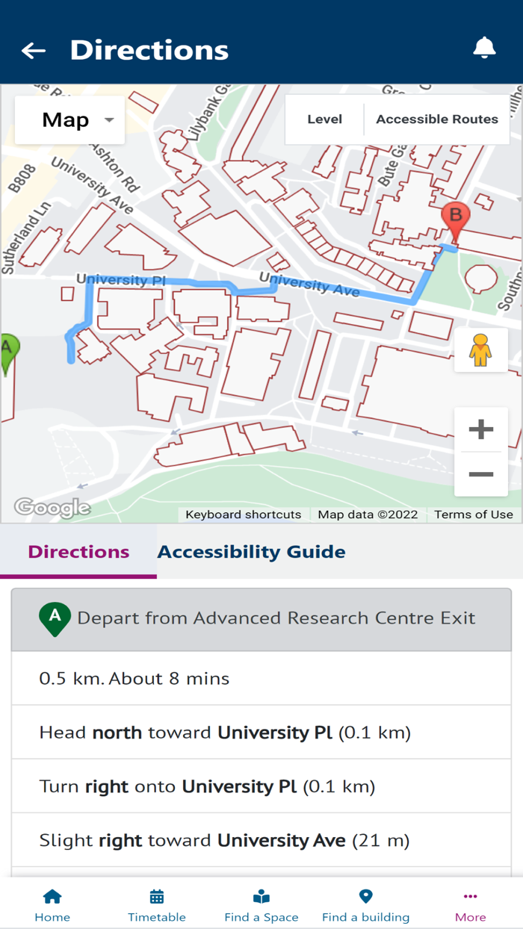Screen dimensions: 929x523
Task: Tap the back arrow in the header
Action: tap(34, 50)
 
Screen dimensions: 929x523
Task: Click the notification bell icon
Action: tap(484, 48)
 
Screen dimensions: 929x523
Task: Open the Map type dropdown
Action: tap(70, 119)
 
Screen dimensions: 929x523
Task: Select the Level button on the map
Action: tap(324, 119)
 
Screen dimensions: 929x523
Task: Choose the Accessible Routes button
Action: tap(437, 119)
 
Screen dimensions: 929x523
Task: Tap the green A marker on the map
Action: tap(7, 351)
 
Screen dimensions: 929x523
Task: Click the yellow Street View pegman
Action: tap(480, 349)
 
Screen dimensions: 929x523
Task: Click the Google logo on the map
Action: tap(52, 509)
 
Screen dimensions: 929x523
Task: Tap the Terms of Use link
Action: tap(474, 515)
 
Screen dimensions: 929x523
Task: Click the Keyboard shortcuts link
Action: tap(243, 515)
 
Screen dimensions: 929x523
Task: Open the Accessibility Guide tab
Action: tap(251, 552)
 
